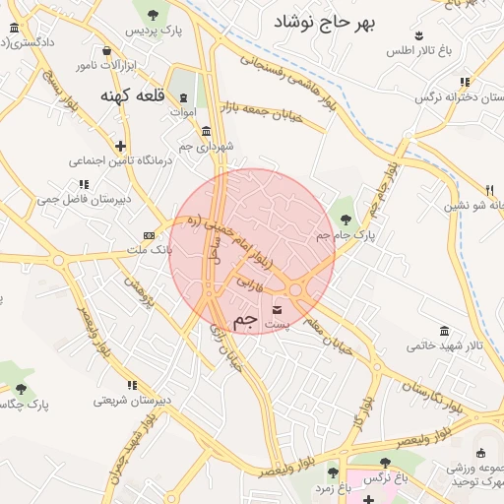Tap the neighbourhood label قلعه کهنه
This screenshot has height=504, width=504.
pyautogui.click(x=130, y=96)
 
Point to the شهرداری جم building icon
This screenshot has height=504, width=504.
pyautogui.click(x=205, y=131)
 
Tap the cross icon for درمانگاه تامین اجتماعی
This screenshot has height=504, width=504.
pyautogui.click(x=120, y=144)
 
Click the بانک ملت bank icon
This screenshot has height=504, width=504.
pyautogui.click(x=149, y=235)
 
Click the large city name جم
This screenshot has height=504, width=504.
pyautogui.click(x=247, y=321)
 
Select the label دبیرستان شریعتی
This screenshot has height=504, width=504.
pyautogui.click(x=134, y=400)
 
